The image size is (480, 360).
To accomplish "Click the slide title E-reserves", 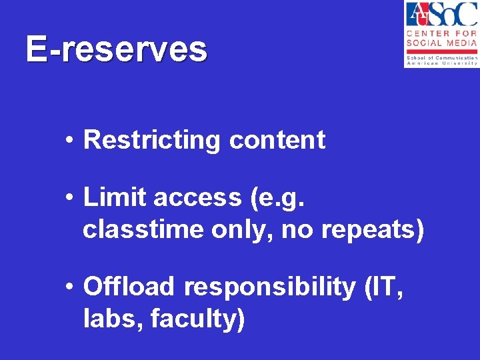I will coord(117,50).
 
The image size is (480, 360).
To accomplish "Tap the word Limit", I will coord(115,198).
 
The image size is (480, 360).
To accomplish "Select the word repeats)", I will coord(372,230).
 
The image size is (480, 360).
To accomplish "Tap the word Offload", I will coord(130,287).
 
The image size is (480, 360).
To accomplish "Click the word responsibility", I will coord(270,287).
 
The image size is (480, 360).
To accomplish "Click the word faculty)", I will coord(198,319).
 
